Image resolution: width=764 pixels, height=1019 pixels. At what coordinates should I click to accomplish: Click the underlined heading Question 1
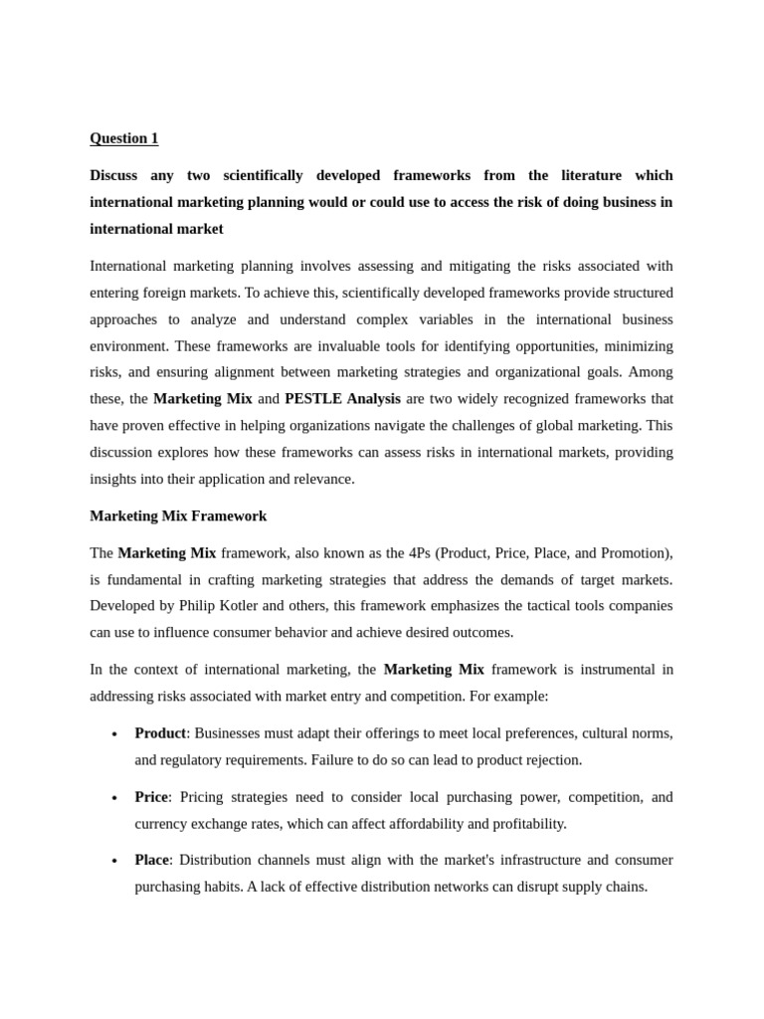(123, 138)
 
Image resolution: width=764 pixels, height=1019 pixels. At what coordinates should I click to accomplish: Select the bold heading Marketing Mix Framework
(178, 516)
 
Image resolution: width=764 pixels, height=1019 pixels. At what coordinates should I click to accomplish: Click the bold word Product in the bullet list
(160, 733)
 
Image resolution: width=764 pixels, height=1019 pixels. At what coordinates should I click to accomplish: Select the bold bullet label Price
(151, 797)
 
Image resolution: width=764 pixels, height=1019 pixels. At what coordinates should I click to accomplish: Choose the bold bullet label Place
(152, 860)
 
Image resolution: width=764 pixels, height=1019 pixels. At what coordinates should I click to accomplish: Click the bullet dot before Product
(114, 734)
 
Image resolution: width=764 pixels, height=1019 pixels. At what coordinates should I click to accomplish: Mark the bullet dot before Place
(114, 861)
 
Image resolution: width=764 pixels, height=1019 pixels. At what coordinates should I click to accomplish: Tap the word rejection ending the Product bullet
(551, 760)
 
